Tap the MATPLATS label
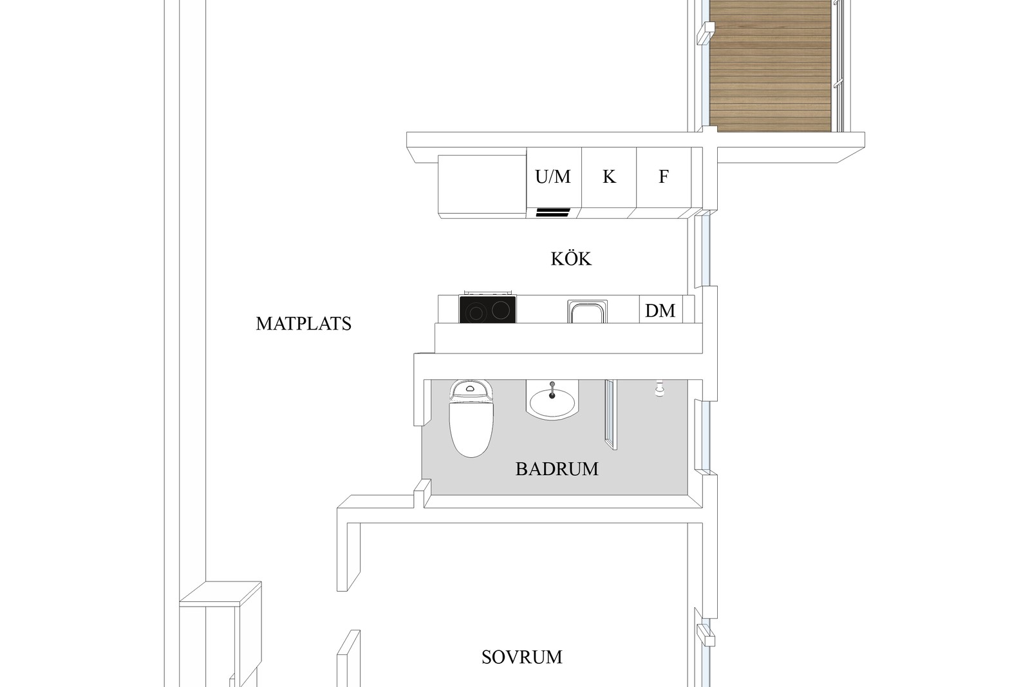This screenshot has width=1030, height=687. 303,324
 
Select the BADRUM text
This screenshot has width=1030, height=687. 557,469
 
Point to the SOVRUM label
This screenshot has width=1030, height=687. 522,657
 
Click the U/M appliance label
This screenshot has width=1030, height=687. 553,176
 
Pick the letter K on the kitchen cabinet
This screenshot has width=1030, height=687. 609,176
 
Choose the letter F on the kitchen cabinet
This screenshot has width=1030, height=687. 663,176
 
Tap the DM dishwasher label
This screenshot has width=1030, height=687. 660,311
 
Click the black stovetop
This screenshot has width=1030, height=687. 487,309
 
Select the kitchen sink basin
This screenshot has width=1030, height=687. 588,312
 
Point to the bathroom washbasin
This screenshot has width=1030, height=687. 552,403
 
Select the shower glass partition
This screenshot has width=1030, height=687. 611,414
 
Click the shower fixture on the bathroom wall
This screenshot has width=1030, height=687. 660,388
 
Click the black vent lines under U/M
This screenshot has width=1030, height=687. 553,212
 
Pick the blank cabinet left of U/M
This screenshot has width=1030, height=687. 482,185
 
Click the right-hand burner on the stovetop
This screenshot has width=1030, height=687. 501,310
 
